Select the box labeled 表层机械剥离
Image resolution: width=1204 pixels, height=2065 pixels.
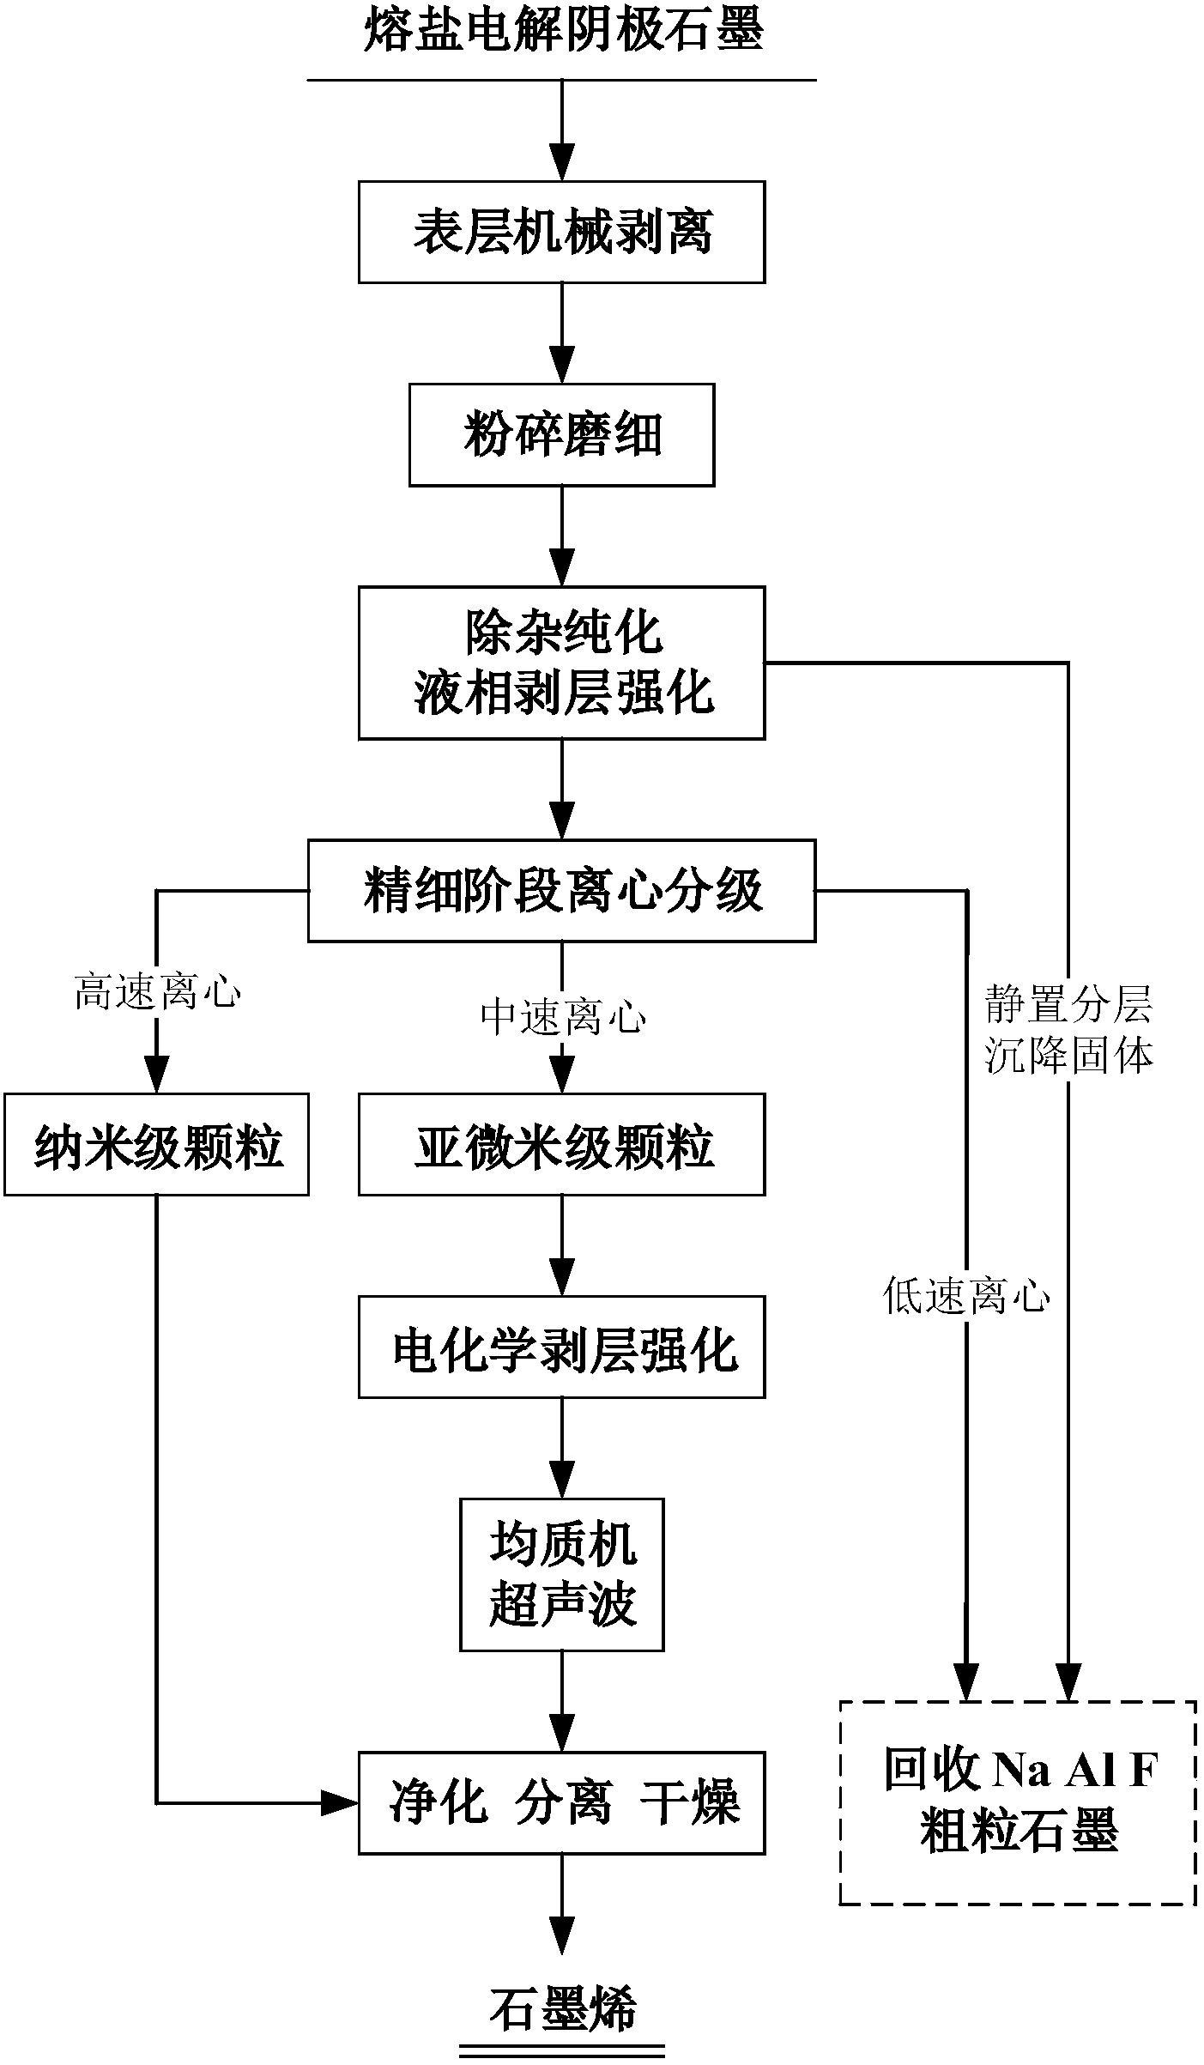pos(561,232)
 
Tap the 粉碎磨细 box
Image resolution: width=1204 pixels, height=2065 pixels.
pos(561,434)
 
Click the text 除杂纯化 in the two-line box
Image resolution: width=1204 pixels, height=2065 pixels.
pos(562,633)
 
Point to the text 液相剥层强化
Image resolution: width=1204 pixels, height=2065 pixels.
pos(562,693)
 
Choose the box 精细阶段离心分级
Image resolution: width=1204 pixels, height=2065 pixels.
pos(561,890)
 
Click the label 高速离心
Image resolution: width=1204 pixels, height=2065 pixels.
pos(157,993)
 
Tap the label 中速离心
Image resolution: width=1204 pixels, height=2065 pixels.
pos(562,1018)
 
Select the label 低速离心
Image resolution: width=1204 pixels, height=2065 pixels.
pos(966,1297)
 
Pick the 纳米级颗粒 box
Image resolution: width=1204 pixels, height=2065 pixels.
pos(157,1145)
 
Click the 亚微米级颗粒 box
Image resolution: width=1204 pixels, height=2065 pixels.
pos(561,1145)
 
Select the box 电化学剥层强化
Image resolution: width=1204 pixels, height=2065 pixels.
pos(561,1347)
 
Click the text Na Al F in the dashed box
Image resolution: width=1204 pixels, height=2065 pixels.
pos(1075,1770)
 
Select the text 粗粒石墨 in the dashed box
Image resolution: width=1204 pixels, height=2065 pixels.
pos(1019,1832)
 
